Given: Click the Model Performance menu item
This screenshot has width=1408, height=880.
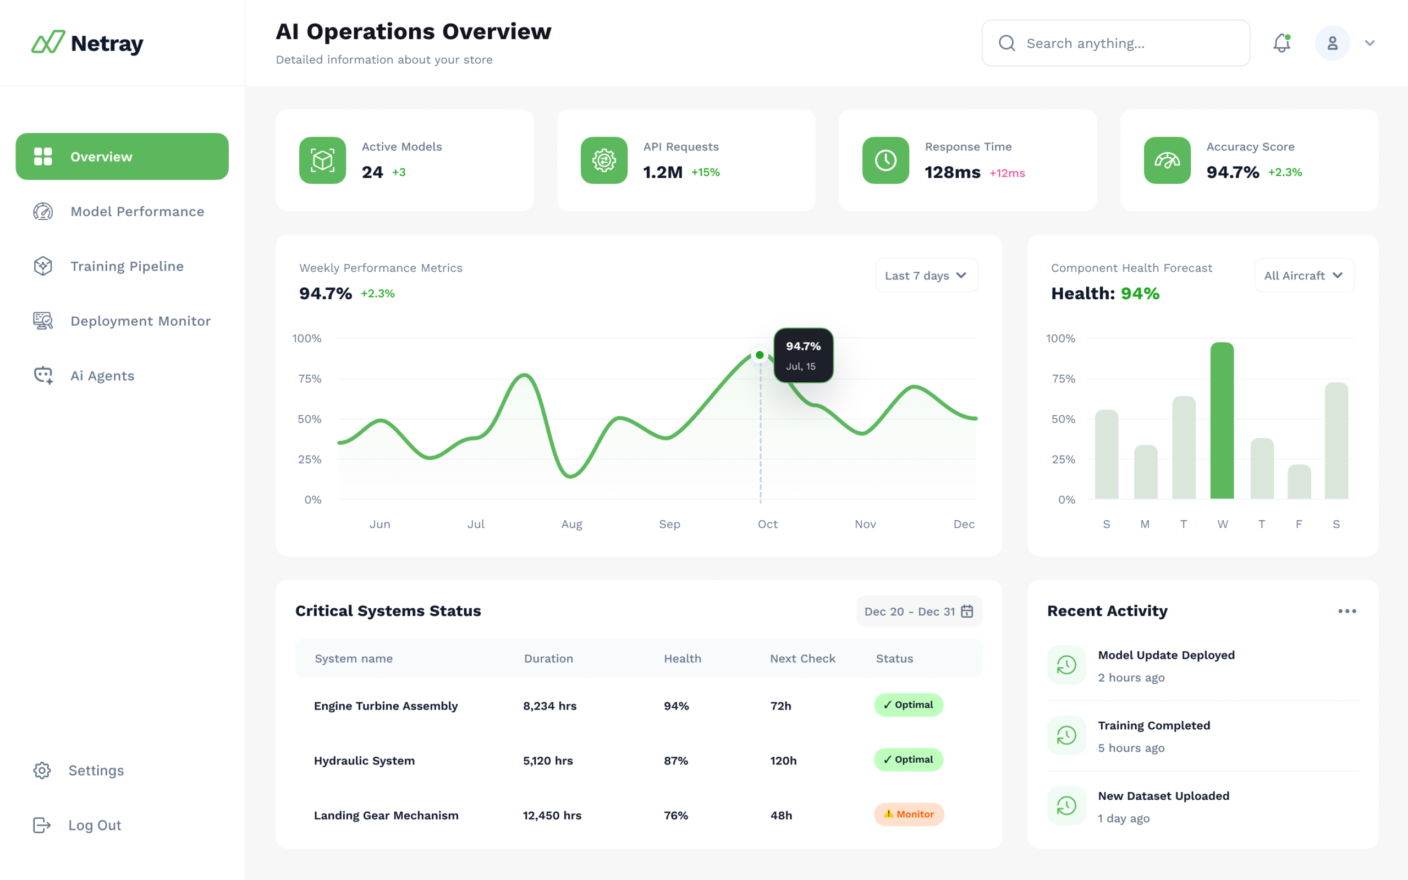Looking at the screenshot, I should tap(137, 212).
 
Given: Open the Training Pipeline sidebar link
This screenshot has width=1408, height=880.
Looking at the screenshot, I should tap(127, 267).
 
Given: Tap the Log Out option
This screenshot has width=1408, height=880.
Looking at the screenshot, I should tap(94, 826).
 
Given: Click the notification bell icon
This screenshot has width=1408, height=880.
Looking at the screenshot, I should tap(1281, 43).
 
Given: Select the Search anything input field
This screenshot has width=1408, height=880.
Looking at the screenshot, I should tap(1115, 43).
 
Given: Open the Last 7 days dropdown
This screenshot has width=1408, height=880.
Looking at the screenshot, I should tap(926, 276).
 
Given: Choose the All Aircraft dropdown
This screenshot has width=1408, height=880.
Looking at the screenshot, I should tap(1304, 276).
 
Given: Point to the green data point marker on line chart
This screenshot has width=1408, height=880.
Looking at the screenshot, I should tap(759, 355).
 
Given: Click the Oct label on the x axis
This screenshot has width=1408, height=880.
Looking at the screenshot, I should tap(767, 524).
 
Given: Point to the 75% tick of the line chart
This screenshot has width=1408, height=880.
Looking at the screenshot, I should tap(310, 379).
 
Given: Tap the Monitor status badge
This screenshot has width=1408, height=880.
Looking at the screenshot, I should tap(909, 814).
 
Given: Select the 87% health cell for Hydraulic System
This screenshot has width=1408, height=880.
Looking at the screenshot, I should tap(675, 761).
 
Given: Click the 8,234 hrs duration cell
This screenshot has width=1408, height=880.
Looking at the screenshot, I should tap(549, 706).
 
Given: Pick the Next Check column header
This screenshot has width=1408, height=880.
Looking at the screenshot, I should tap(802, 659).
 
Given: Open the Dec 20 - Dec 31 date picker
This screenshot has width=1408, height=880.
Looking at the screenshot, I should tap(919, 612).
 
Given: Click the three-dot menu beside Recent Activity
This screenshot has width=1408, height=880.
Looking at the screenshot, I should tap(1346, 611).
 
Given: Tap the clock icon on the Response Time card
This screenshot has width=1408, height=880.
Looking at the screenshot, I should tap(886, 161).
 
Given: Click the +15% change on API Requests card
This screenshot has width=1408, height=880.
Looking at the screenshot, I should tap(705, 172).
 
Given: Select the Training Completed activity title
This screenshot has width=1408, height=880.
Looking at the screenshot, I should tap(1154, 726).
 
